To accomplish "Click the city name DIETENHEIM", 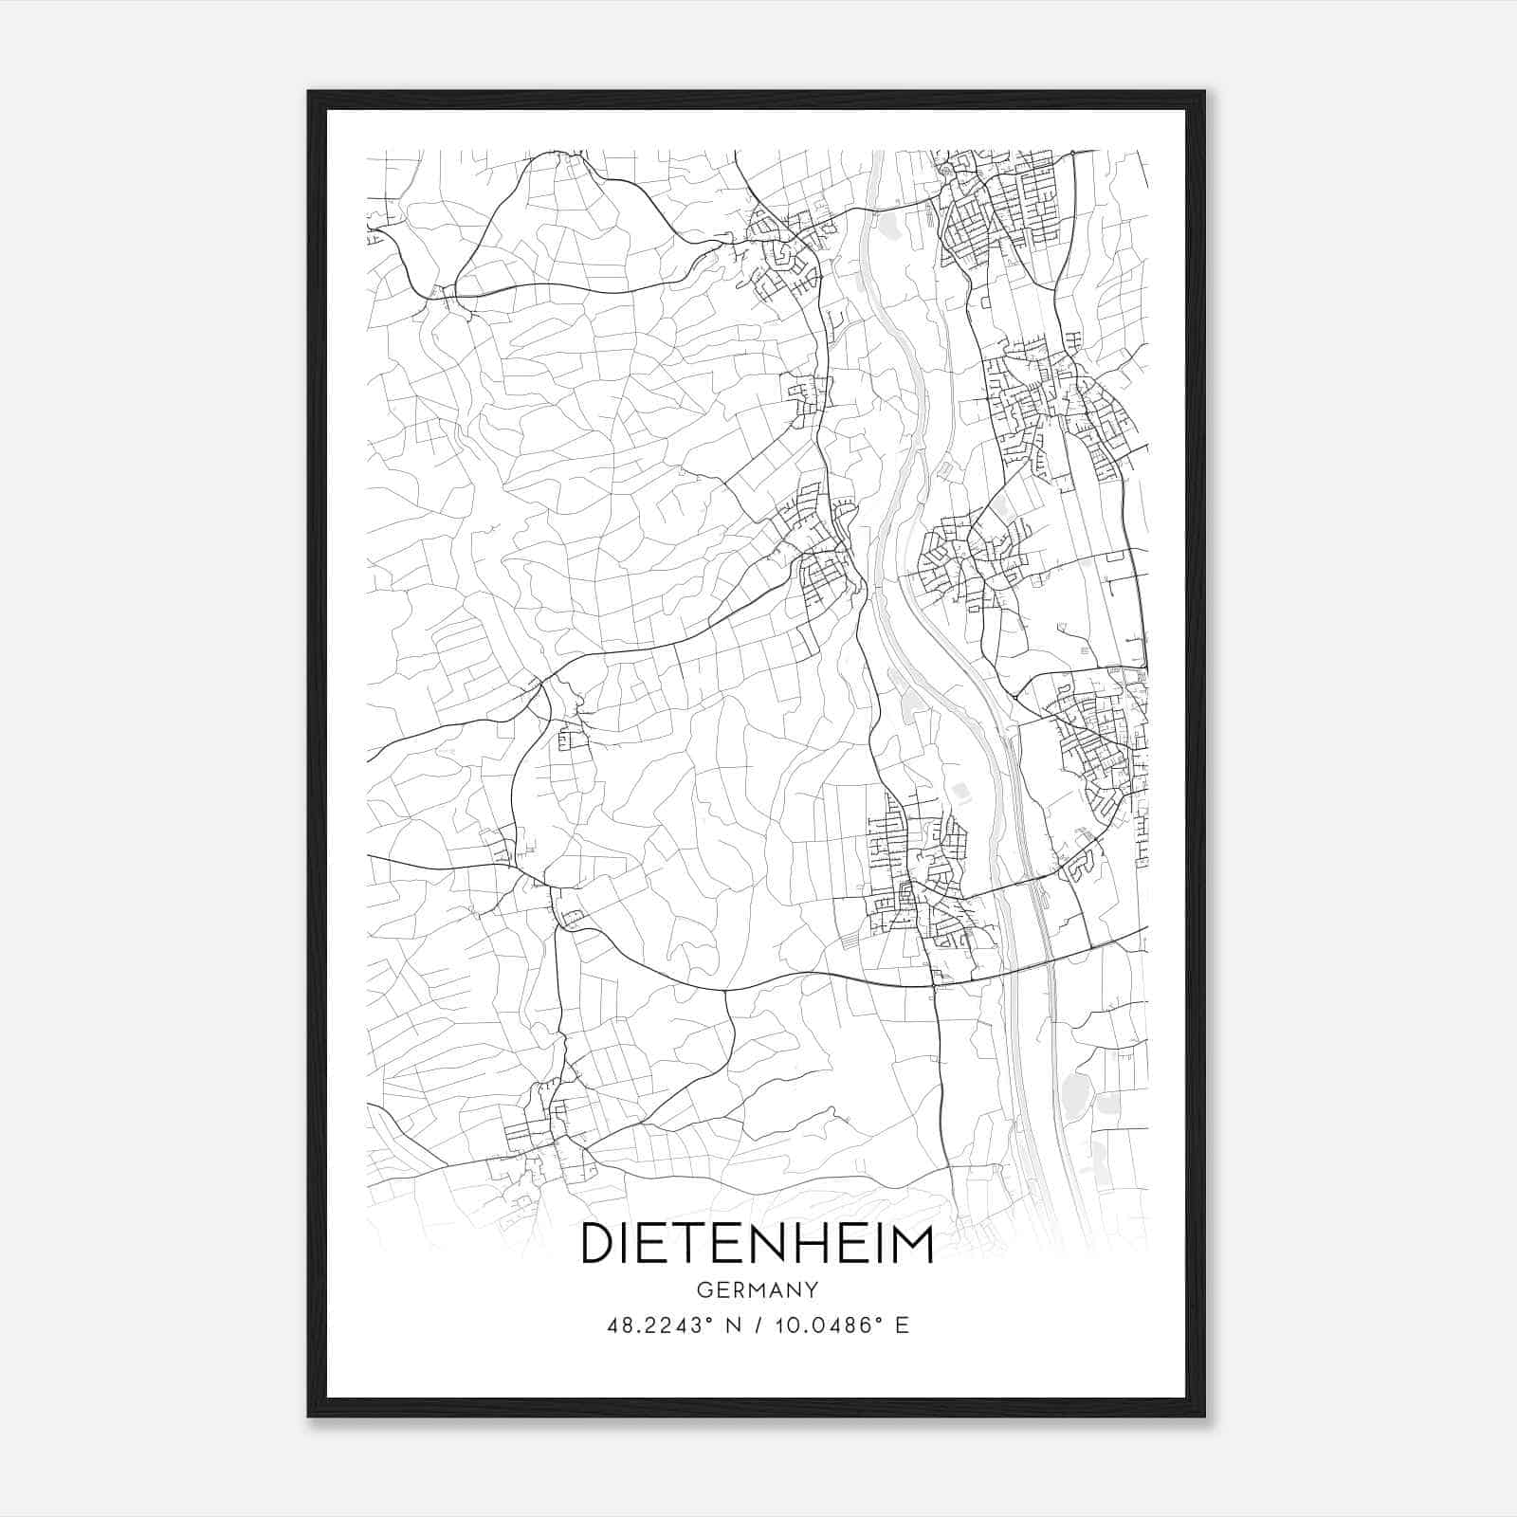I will pyautogui.click(x=757, y=1243).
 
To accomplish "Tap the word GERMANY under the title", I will pyautogui.click(x=757, y=1290).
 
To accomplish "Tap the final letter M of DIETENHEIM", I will pyautogui.click(x=912, y=1243).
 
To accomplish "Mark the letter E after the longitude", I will pyautogui.click(x=902, y=1325).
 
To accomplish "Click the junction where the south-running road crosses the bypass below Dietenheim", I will pyautogui.click(x=934, y=986).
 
